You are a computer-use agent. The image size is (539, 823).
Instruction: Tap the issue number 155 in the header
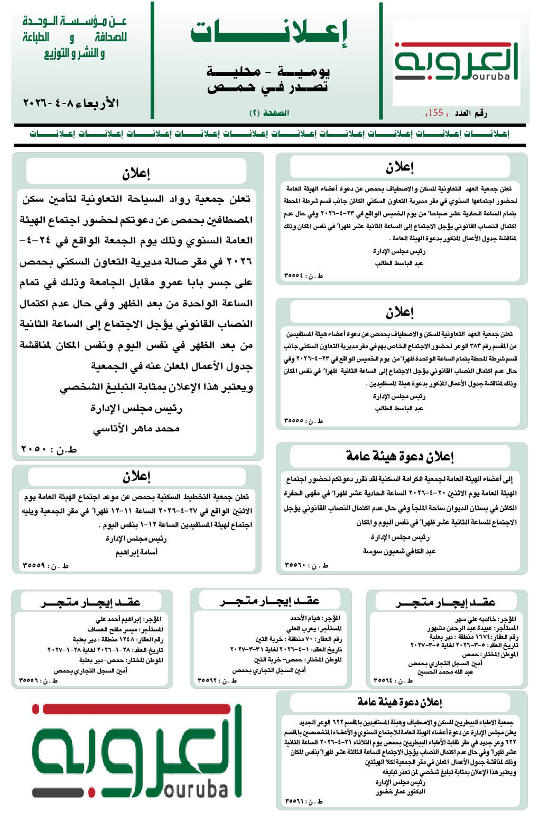[435, 112]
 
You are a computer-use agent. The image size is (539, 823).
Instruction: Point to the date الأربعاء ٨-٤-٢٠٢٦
[71, 103]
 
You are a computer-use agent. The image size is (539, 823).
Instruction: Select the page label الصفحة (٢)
[269, 113]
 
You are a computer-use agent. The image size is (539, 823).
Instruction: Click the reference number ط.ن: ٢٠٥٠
[49, 449]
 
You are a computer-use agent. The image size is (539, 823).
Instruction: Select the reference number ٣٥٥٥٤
[303, 276]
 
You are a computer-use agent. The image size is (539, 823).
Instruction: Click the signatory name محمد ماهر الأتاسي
[136, 429]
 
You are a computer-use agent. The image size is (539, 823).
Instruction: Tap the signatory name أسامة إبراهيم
[136, 552]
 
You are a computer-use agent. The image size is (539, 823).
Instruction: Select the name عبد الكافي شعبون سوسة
[399, 551]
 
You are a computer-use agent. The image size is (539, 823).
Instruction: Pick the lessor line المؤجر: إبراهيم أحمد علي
[128, 619]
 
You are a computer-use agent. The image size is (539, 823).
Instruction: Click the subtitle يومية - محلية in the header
[268, 71]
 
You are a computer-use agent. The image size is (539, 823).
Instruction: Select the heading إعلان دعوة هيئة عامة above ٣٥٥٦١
[399, 702]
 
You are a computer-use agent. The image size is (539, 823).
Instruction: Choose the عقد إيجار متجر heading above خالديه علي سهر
[445, 602]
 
